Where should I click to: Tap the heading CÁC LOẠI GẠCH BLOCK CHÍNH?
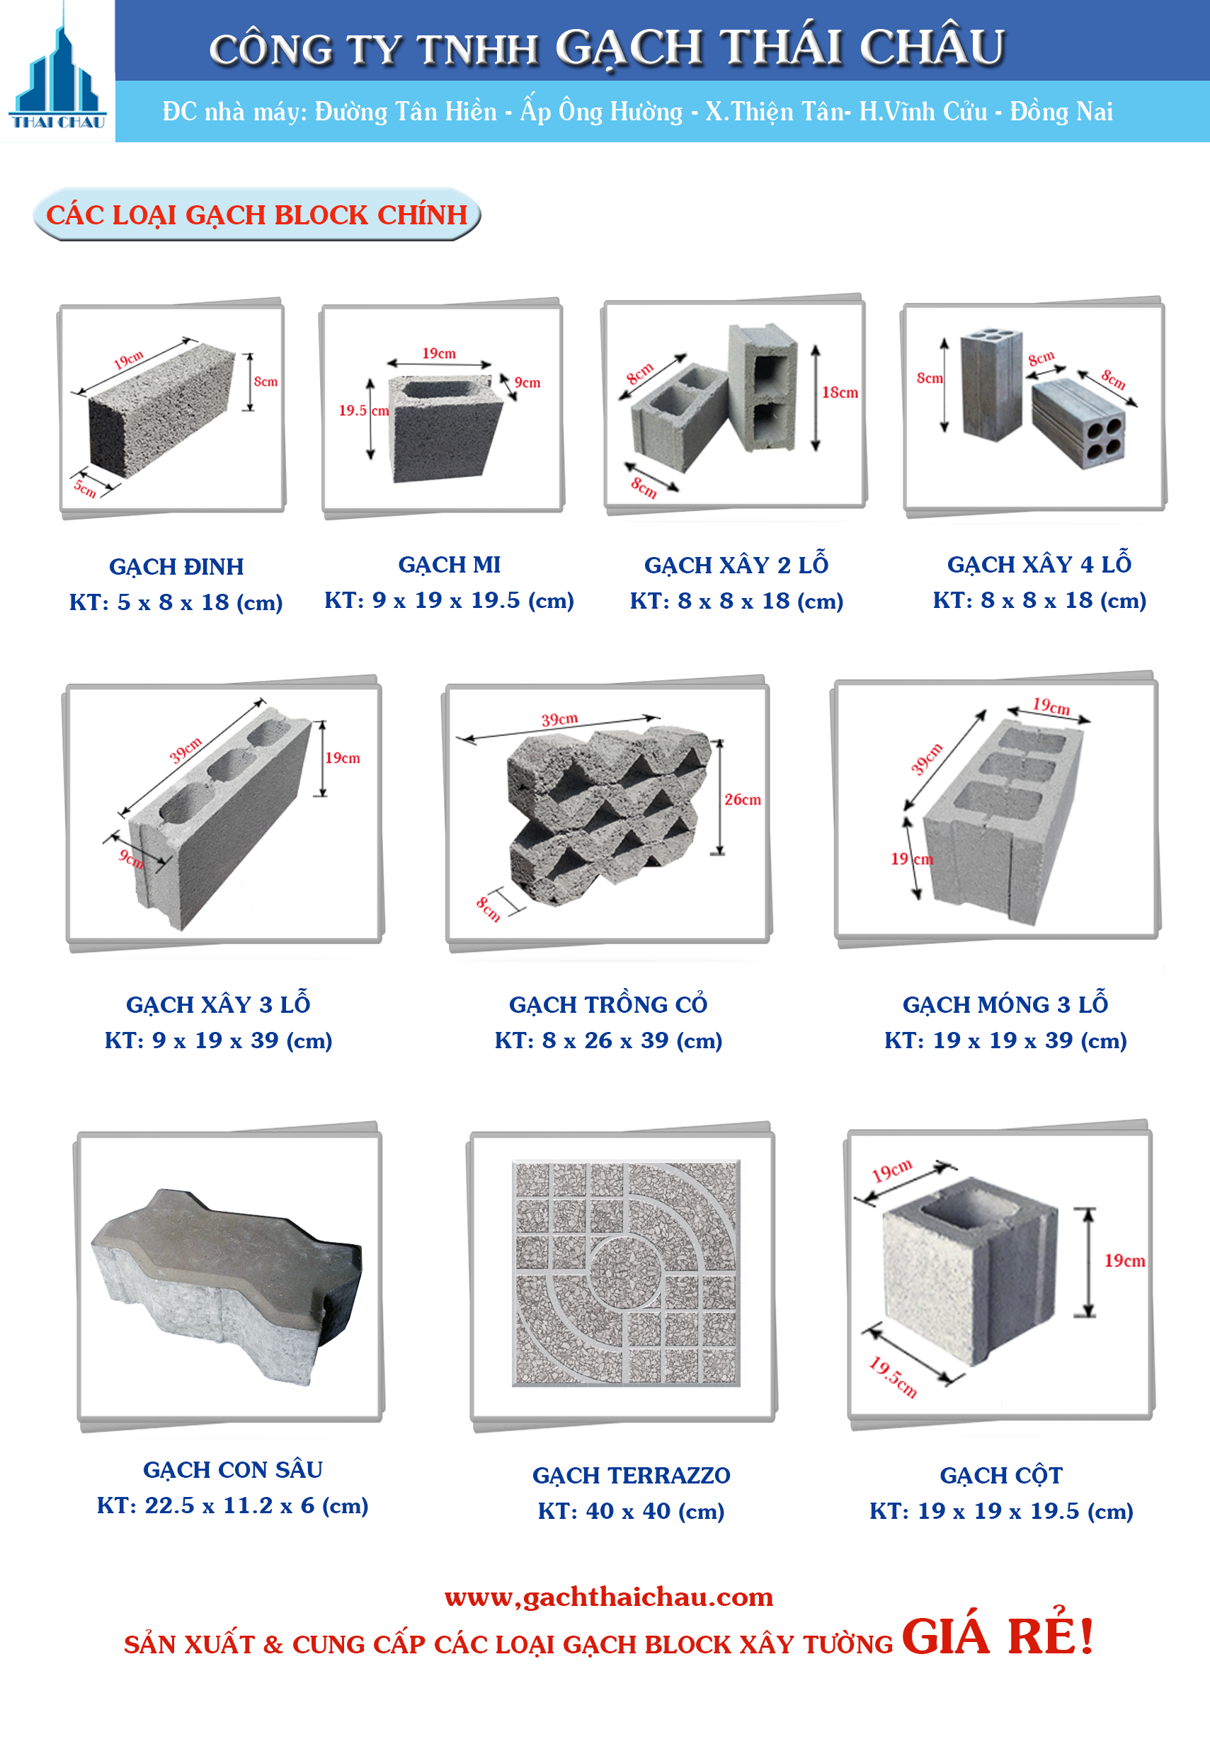257,215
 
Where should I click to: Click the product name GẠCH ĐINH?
176,566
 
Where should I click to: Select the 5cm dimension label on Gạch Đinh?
85,488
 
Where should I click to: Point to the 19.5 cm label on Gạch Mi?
364,411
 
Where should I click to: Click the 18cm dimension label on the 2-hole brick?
840,392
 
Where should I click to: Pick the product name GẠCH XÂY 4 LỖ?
1039,563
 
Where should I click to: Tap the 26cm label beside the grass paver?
743,799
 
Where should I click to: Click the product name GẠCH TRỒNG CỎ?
607,1004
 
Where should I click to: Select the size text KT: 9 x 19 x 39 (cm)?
218,1040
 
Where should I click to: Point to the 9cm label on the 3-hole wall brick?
130,858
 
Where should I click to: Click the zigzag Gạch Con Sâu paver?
227,1287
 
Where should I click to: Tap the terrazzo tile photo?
626,1273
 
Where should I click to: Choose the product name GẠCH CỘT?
1001,1476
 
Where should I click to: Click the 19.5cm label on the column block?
893,1377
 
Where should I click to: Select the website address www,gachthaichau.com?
608,1597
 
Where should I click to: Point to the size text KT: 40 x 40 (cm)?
631,1512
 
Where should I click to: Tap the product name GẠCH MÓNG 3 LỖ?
1005,1004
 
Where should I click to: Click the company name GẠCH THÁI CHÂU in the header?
780,47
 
